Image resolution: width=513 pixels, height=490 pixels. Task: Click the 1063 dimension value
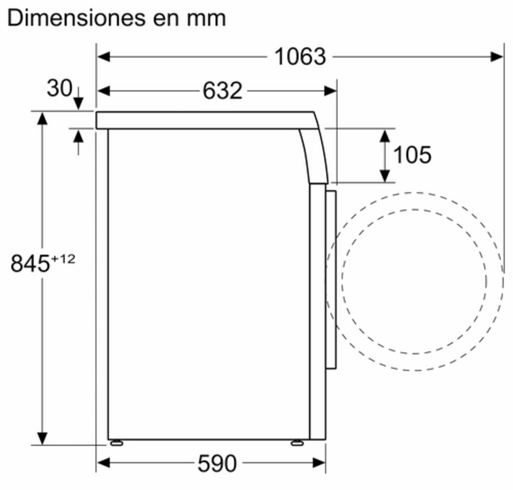coord(300,57)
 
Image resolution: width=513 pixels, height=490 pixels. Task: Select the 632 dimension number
coord(223,91)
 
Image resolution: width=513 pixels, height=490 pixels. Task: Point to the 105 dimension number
coord(412,155)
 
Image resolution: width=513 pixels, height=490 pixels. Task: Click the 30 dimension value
coord(60,88)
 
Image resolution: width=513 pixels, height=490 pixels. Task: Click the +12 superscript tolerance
coord(63,259)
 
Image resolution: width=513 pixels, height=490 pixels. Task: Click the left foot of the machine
coord(116,443)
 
